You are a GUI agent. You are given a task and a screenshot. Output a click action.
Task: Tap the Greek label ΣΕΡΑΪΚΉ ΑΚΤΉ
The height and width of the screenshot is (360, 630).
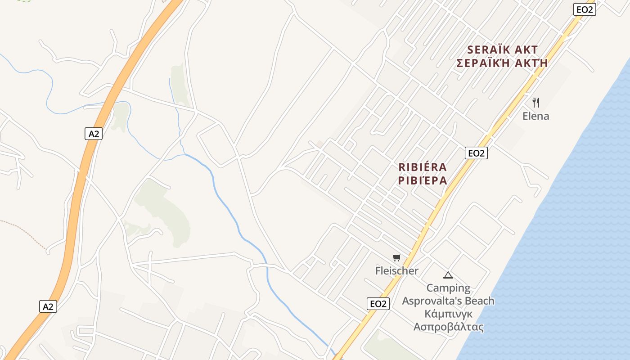(502, 63)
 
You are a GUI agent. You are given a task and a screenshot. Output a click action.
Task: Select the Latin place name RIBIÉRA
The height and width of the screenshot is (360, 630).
(423, 167)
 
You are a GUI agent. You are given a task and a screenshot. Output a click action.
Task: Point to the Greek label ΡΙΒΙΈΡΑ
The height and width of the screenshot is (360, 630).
(423, 180)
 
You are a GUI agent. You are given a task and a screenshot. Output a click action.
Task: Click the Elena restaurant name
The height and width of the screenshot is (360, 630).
(535, 116)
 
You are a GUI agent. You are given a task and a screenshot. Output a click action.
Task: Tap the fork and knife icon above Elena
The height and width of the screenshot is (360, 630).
(535, 102)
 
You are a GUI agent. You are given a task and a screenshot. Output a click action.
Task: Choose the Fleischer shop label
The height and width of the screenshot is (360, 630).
(396, 271)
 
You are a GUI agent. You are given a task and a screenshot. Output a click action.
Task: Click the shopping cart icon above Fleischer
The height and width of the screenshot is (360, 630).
(396, 257)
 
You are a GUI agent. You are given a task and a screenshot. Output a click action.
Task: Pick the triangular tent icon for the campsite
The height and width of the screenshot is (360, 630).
(448, 275)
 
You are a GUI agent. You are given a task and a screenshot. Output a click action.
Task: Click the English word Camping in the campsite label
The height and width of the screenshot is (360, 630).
(448, 288)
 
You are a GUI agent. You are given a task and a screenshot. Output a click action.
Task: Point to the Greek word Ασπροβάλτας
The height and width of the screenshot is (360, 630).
(449, 327)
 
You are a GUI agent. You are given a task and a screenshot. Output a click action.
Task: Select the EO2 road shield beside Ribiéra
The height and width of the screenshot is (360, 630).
(476, 153)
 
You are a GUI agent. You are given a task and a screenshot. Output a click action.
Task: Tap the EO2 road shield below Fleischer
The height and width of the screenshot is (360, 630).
(378, 304)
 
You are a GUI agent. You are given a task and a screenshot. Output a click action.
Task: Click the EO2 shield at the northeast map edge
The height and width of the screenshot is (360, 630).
(585, 9)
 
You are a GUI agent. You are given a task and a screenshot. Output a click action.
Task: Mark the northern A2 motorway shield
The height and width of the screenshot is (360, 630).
(93, 134)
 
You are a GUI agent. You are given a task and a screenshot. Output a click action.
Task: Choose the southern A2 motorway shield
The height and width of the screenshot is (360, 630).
(48, 306)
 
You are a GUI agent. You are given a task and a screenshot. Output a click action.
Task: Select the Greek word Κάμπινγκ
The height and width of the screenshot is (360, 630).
(448, 314)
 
